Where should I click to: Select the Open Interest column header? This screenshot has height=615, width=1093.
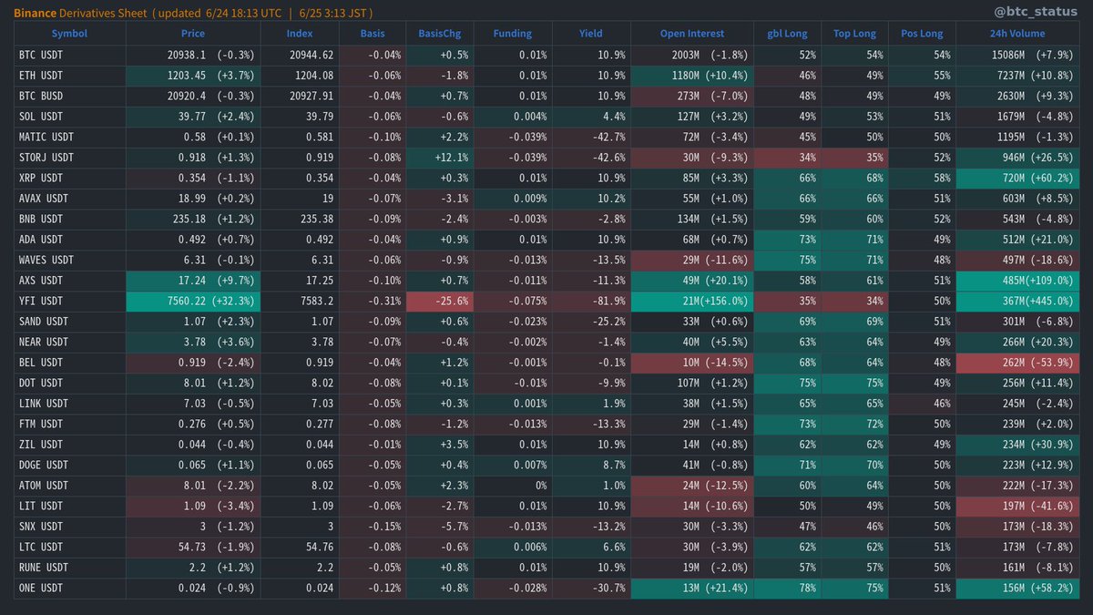pyautogui.click(x=692, y=34)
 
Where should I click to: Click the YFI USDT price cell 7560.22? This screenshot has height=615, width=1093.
pyautogui.click(x=192, y=302)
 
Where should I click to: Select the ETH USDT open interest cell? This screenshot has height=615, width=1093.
pyautogui.click(x=691, y=76)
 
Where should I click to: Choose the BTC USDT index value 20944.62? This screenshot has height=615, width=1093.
pyautogui.click(x=299, y=55)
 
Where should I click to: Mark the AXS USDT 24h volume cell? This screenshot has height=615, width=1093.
pyautogui.click(x=1023, y=281)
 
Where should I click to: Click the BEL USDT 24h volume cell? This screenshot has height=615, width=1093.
pyautogui.click(x=1023, y=363)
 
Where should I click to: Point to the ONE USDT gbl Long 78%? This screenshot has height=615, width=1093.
pyautogui.click(x=787, y=589)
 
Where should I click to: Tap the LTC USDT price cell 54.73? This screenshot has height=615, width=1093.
pyautogui.click(x=192, y=548)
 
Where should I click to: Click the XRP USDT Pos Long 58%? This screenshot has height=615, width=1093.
pyautogui.click(x=921, y=178)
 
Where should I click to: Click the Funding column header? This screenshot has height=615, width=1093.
pyautogui.click(x=512, y=34)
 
